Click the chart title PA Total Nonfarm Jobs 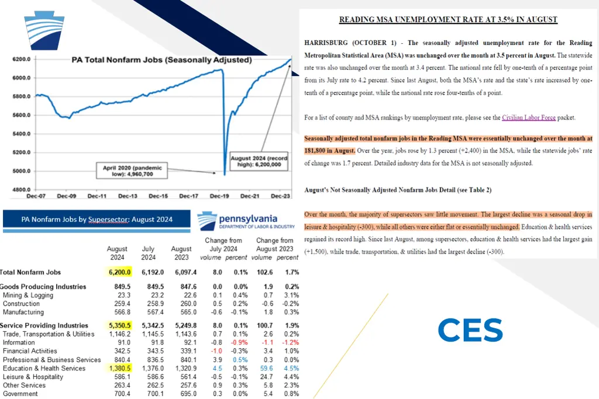(161, 60)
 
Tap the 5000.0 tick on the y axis (20, 171)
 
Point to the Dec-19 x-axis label (219, 196)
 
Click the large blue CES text (470, 331)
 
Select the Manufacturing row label (23, 312)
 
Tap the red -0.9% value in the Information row (237, 342)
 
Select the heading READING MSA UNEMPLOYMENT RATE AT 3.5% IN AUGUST (448, 20)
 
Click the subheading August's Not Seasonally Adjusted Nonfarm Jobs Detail (398, 190)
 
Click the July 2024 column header (148, 253)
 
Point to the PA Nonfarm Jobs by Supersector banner (97, 220)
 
